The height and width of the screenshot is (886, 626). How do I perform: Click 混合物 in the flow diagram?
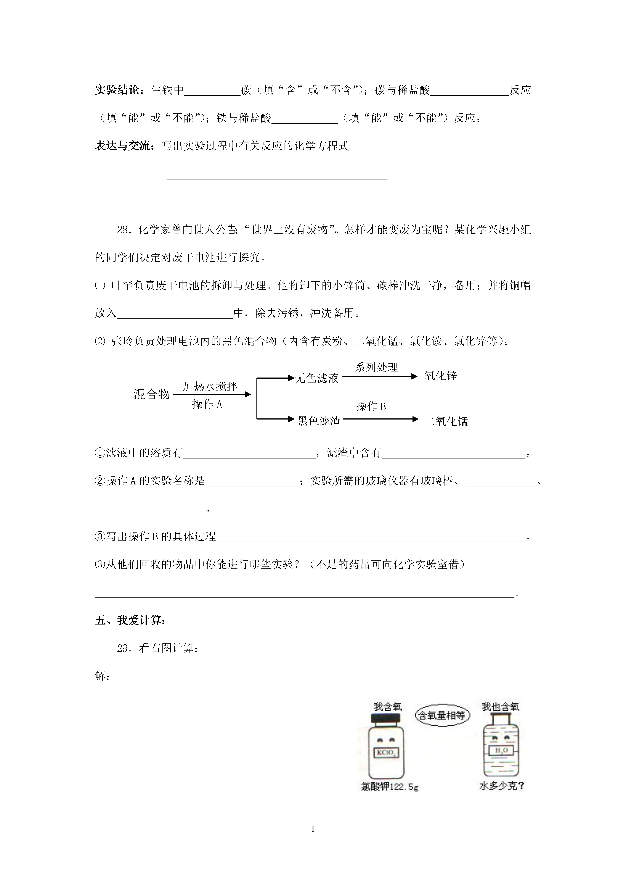[x=152, y=394]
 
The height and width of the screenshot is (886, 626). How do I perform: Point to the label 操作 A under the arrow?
[x=207, y=404]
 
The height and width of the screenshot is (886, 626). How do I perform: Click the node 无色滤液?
[x=316, y=378]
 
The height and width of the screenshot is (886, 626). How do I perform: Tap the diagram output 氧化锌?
[x=440, y=376]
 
